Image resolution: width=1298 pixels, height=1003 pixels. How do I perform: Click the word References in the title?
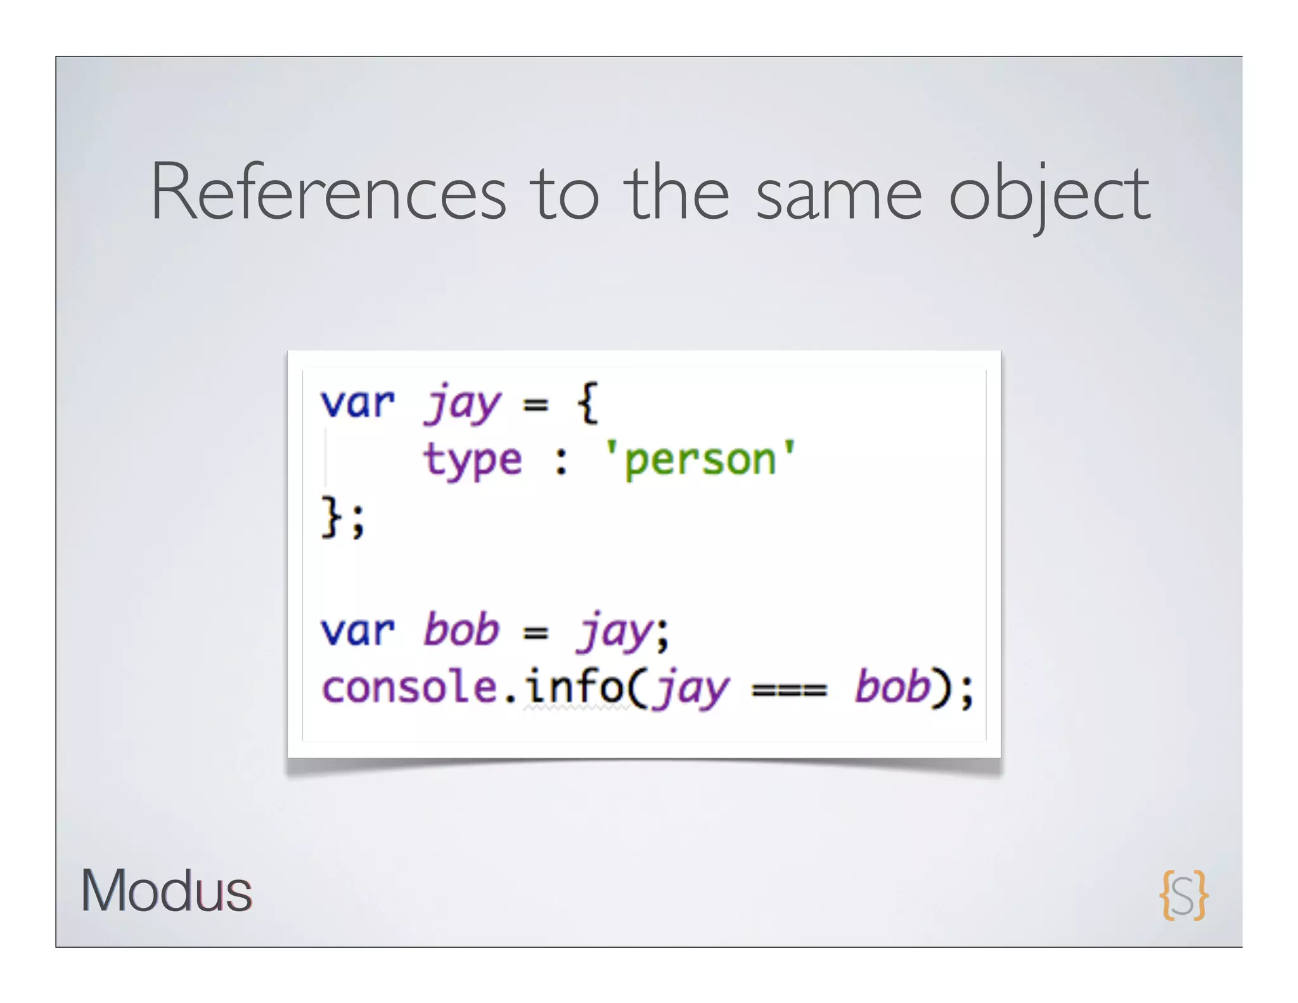click(328, 192)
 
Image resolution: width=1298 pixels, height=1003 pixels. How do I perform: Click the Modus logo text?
click(166, 891)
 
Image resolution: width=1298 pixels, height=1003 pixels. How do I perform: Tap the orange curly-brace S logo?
click(1183, 895)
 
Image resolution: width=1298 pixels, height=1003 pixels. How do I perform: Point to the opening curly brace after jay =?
click(588, 402)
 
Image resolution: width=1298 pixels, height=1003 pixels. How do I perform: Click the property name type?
click(473, 461)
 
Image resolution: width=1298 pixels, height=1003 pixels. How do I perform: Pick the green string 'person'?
click(700, 460)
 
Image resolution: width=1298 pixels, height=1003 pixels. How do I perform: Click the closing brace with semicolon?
click(343, 517)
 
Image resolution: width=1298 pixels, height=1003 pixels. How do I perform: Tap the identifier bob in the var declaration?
click(461, 630)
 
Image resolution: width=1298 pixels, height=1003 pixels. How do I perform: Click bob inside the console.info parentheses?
click(892, 687)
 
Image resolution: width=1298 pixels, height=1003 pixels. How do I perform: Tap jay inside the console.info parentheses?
click(692, 690)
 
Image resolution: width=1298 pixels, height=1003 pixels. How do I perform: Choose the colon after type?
click(561, 462)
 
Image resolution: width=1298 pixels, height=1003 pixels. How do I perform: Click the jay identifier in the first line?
click(463, 404)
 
